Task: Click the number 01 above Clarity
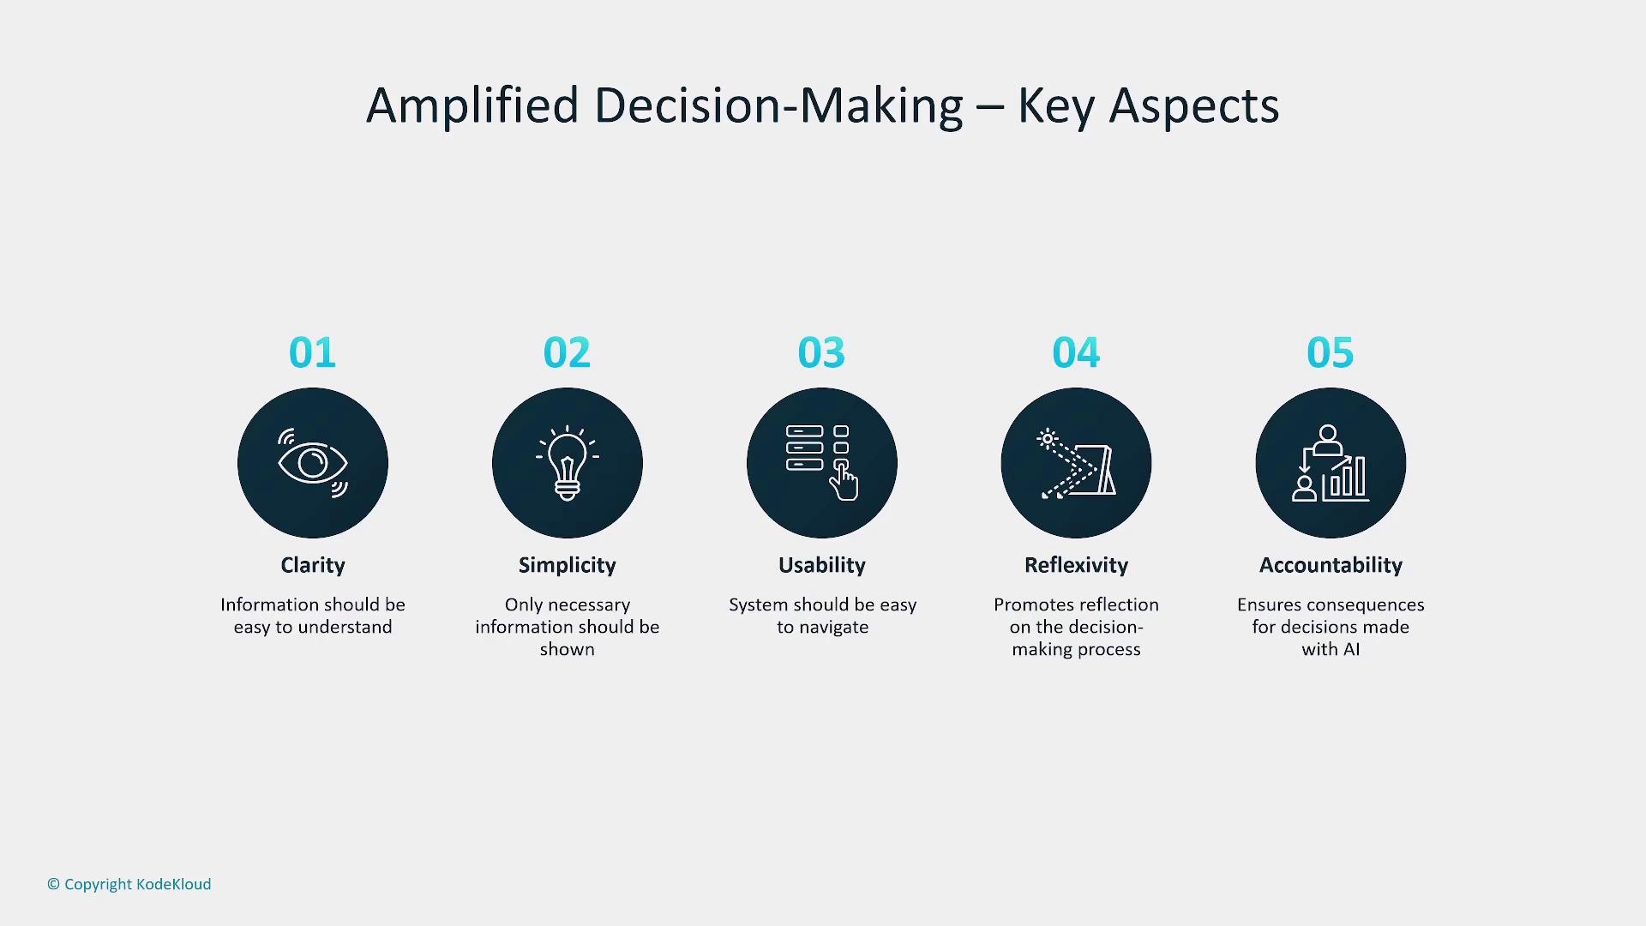(x=312, y=352)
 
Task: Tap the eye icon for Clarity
(x=313, y=463)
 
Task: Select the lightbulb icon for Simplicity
(x=568, y=463)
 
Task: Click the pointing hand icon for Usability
(x=844, y=481)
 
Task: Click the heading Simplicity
(x=568, y=565)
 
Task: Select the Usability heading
(x=822, y=565)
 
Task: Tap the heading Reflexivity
(x=1076, y=565)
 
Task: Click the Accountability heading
(x=1331, y=565)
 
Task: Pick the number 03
(x=821, y=352)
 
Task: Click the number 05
(x=1331, y=352)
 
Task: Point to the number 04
(x=1076, y=352)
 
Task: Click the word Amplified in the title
(x=472, y=106)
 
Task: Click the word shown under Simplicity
(x=568, y=649)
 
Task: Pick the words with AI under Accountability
(x=1331, y=649)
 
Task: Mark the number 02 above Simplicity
(x=567, y=352)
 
